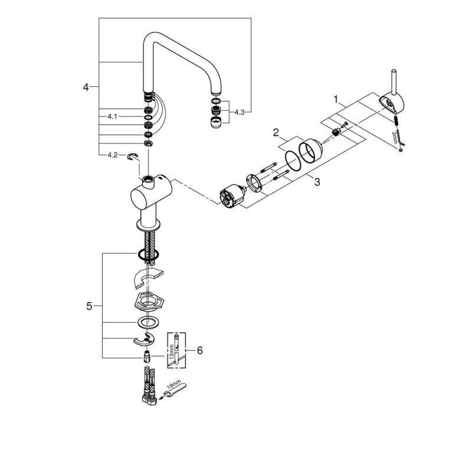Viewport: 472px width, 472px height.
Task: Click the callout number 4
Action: (x=86, y=87)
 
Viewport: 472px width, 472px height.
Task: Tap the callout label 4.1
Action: (x=112, y=116)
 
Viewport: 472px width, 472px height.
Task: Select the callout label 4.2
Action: (x=113, y=155)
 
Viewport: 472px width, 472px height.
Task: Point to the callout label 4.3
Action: (x=240, y=112)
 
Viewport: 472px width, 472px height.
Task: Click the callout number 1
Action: (x=336, y=99)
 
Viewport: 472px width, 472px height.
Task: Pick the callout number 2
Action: (x=276, y=132)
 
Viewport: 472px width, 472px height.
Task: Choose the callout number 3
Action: (x=317, y=182)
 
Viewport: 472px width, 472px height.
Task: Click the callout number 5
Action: (x=89, y=306)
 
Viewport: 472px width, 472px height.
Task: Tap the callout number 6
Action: (x=200, y=350)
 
